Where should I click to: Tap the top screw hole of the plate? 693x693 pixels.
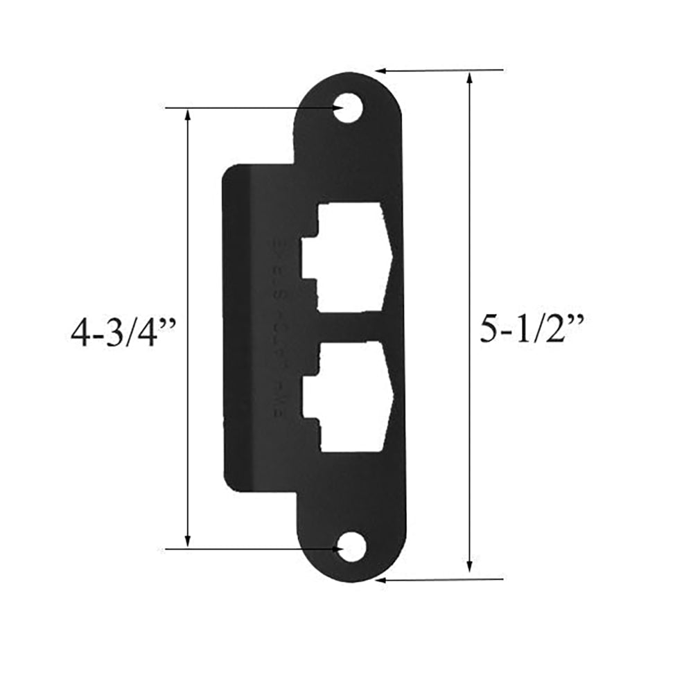coord(349,109)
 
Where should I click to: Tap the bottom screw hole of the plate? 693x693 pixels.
coord(353,548)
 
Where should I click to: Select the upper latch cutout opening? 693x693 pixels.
coord(350,256)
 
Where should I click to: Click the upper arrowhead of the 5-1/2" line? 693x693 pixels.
coord(470,78)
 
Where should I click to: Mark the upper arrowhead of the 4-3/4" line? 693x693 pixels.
coord(188,115)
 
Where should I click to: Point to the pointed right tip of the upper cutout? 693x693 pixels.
coord(394,256)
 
